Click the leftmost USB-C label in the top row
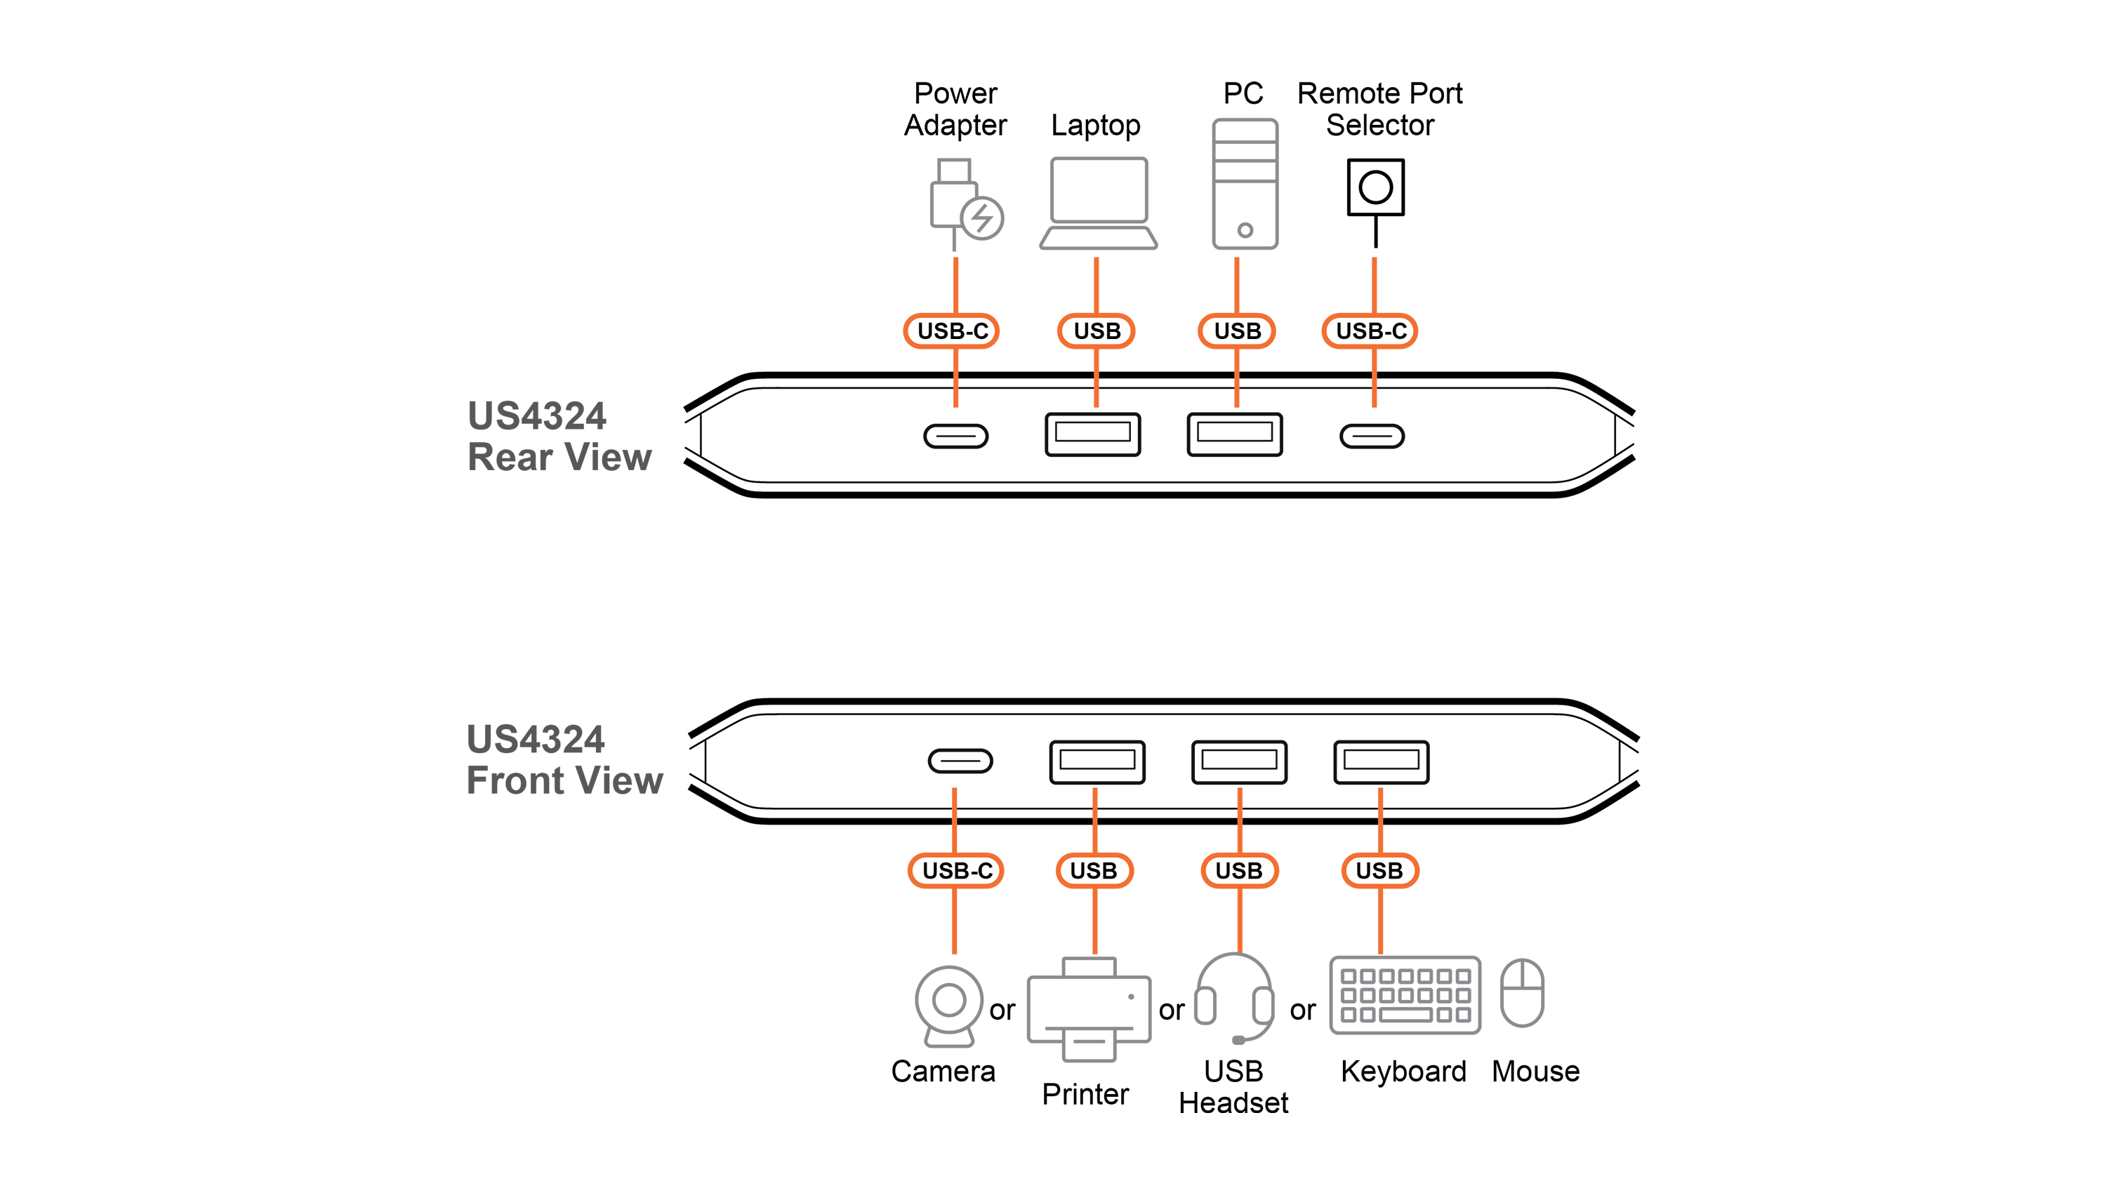(952, 331)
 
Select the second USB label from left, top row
(1097, 331)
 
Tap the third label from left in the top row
(1236, 331)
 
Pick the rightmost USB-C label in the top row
(1371, 331)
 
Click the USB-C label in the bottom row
(957, 870)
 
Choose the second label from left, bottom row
(1093, 870)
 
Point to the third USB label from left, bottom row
(1238, 870)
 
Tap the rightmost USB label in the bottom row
(1379, 870)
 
